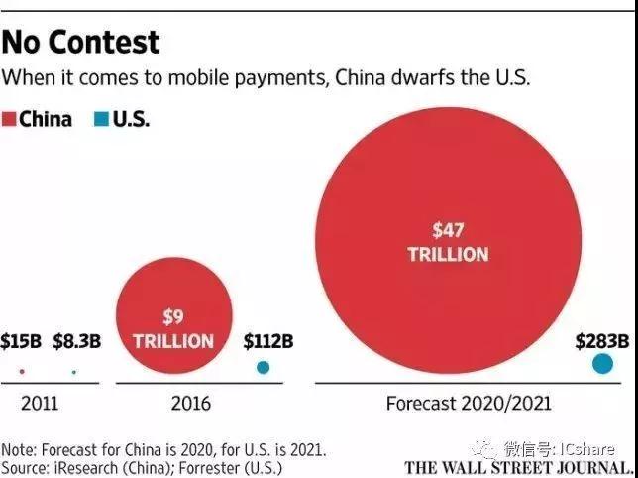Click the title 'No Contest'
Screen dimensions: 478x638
[81, 42]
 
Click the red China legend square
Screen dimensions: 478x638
[9, 120]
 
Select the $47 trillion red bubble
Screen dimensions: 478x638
[448, 242]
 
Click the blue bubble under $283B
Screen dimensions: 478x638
[602, 364]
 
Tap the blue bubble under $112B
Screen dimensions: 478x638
[263, 367]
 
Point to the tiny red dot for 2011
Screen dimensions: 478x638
[22, 372]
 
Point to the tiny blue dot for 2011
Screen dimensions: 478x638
[73, 372]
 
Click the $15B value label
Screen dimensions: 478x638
[21, 342]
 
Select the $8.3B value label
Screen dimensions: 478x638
[76, 342]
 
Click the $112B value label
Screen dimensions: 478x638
[268, 342]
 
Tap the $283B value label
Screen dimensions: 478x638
[602, 341]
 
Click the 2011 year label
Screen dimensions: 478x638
[40, 404]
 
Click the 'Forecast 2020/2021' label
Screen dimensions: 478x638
[468, 404]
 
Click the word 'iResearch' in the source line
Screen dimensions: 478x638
[97, 467]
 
